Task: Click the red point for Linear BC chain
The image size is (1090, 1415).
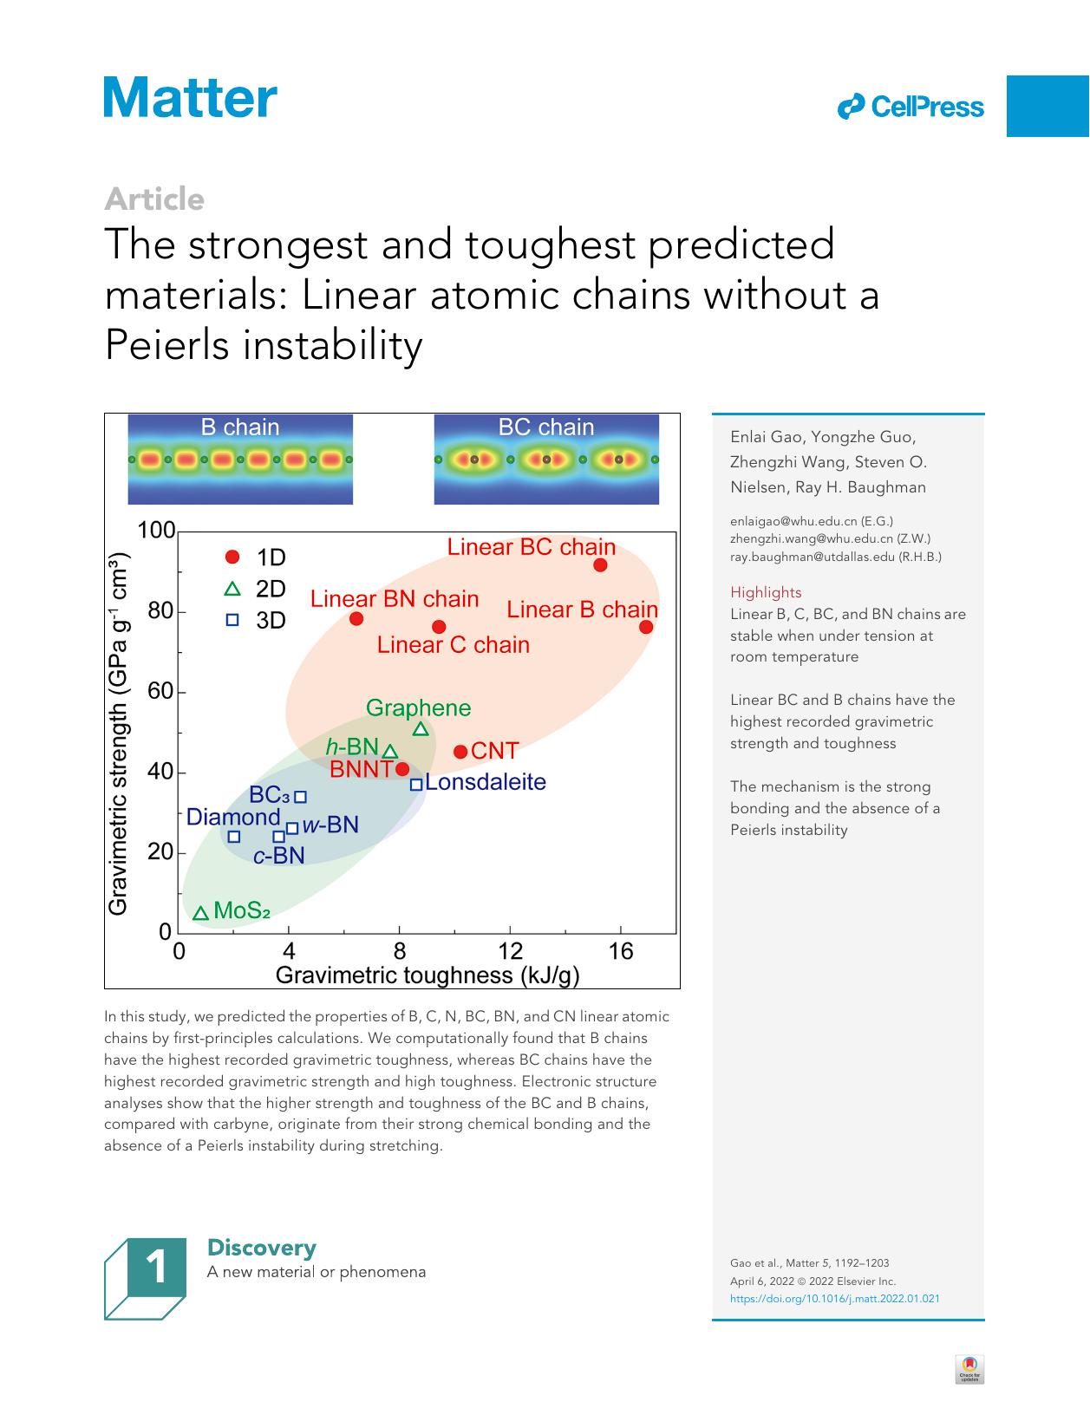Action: [600, 565]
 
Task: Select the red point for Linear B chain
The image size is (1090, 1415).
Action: [646, 627]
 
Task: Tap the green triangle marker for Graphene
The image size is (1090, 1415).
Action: [421, 730]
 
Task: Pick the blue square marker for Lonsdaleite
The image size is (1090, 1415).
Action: [416, 784]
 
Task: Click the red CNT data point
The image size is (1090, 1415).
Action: [460, 752]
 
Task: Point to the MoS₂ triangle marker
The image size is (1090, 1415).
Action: [200, 913]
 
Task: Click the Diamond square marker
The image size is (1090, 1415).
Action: [233, 837]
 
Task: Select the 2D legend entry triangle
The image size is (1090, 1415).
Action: [232, 590]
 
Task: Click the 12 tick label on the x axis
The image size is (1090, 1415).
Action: [510, 951]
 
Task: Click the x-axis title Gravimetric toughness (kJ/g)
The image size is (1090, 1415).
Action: [427, 975]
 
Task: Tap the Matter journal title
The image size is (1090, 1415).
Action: [191, 97]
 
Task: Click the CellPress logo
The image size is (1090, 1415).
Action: [911, 108]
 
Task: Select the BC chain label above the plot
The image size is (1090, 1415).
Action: [545, 427]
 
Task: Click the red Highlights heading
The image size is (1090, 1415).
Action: [766, 592]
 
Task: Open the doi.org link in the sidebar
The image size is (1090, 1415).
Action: [834, 1299]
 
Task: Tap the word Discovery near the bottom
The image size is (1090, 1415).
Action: [261, 1248]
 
